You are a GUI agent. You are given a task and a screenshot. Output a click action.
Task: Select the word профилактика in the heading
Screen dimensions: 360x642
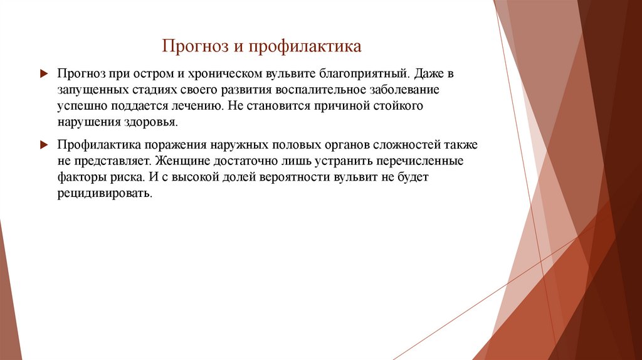tap(305, 47)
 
